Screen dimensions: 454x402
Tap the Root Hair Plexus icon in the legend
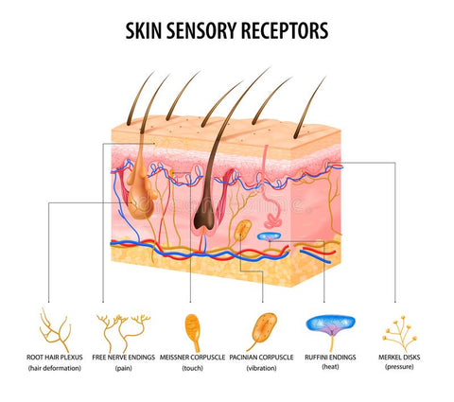coord(54,326)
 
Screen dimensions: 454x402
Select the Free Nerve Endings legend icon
coord(124,333)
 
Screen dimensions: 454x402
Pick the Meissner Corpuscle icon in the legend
coord(193,332)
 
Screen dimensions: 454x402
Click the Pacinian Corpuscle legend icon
coord(262,331)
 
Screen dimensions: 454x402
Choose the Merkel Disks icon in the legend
coord(399,334)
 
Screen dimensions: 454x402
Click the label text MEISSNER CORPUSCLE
coord(192,358)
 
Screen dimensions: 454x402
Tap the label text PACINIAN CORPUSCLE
coord(261,358)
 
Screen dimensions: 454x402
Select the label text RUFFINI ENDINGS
coord(330,358)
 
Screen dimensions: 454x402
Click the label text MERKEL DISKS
coord(399,358)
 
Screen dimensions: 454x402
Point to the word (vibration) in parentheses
coord(261,368)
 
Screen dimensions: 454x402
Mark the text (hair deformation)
coord(55,368)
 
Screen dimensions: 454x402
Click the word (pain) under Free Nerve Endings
coord(124,368)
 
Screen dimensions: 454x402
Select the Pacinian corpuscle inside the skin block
coord(243,230)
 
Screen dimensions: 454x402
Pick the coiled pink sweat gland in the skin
coord(273,220)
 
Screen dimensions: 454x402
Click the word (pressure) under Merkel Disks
coord(399,367)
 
